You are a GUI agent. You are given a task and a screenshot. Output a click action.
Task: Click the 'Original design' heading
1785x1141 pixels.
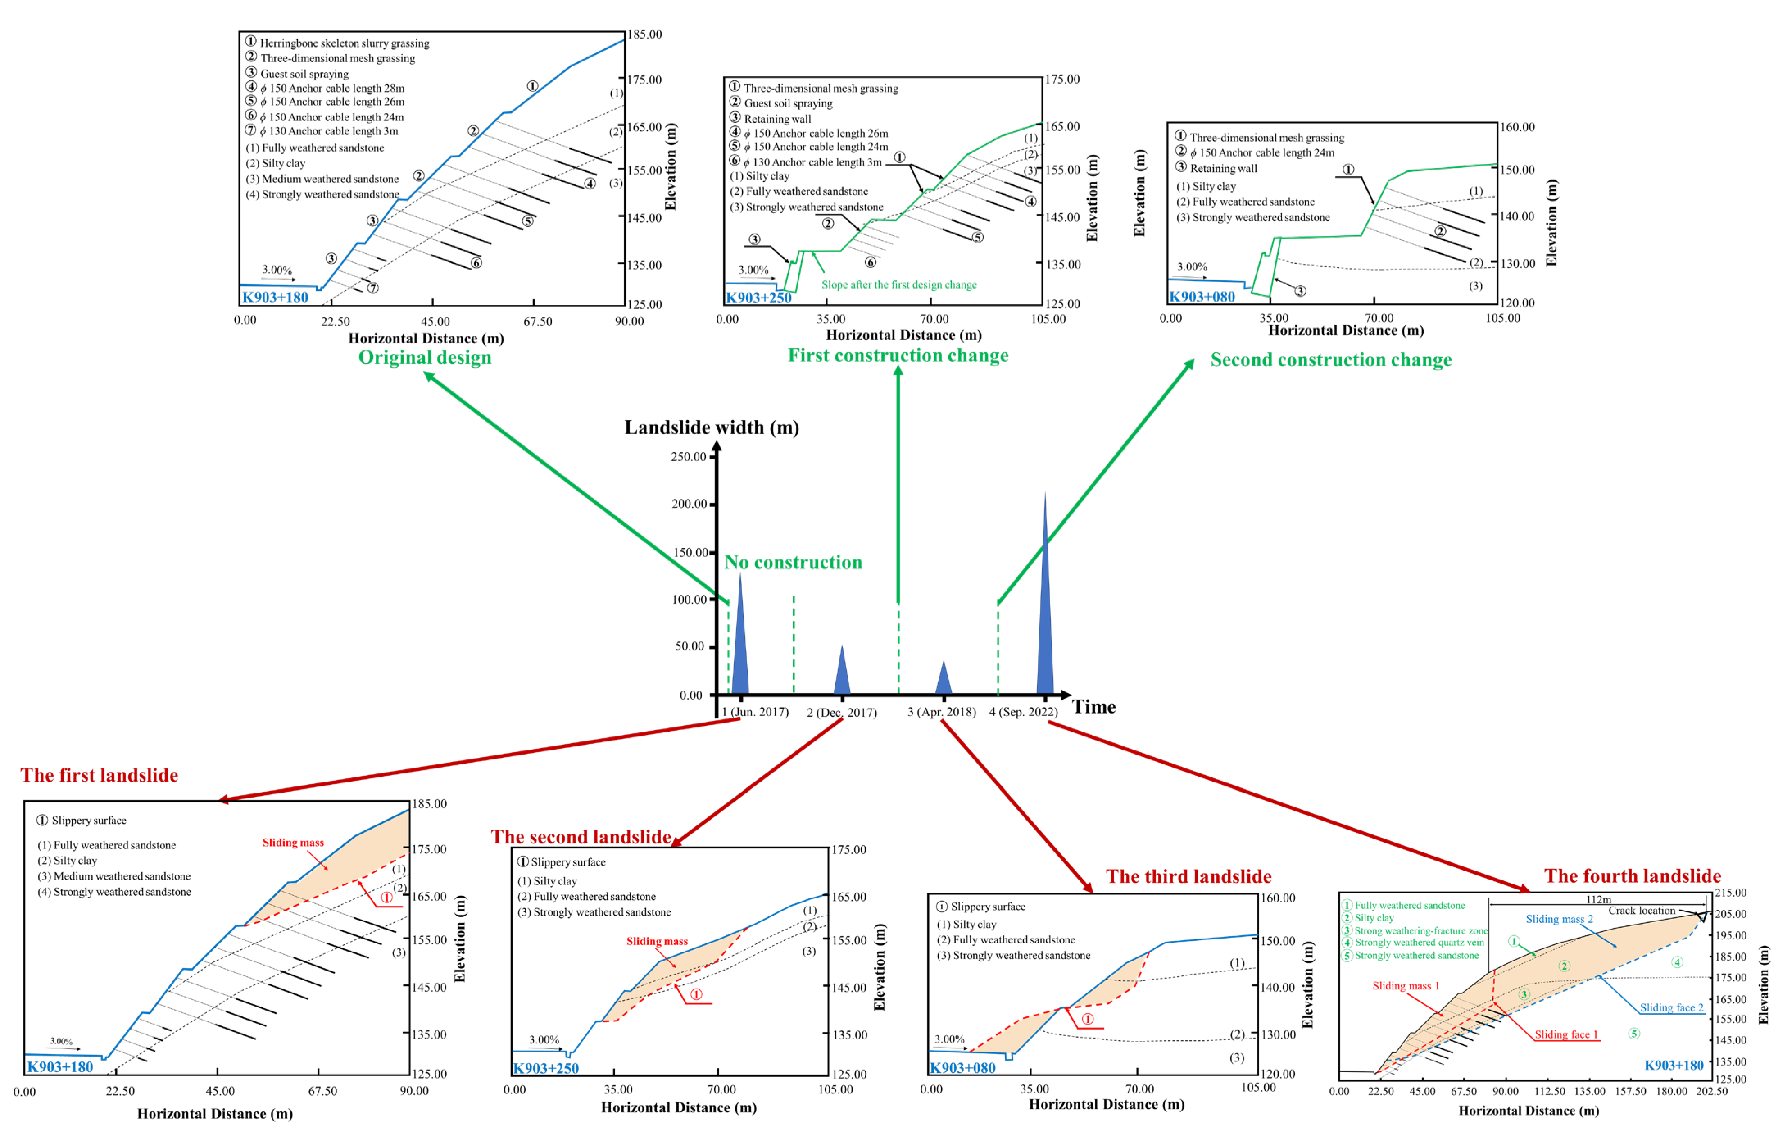click(x=425, y=357)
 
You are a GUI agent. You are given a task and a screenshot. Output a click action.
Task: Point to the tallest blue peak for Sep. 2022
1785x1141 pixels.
click(x=1045, y=593)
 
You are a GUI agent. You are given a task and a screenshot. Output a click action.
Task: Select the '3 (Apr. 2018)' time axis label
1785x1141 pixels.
click(x=941, y=712)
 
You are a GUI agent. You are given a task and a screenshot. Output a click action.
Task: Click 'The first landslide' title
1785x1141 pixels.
click(x=99, y=775)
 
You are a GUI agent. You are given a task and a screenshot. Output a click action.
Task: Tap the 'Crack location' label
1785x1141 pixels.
click(x=1641, y=910)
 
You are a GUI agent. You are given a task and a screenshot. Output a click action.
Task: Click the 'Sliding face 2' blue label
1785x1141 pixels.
click(x=1671, y=1007)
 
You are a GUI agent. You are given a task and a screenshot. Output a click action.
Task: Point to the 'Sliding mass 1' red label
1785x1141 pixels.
click(x=1406, y=986)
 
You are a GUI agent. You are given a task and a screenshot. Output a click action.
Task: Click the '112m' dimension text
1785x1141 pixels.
click(x=1598, y=899)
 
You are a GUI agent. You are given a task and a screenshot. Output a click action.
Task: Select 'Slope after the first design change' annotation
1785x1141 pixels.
click(x=898, y=285)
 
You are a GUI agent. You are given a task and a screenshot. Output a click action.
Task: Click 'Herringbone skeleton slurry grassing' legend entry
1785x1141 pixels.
click(x=344, y=43)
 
